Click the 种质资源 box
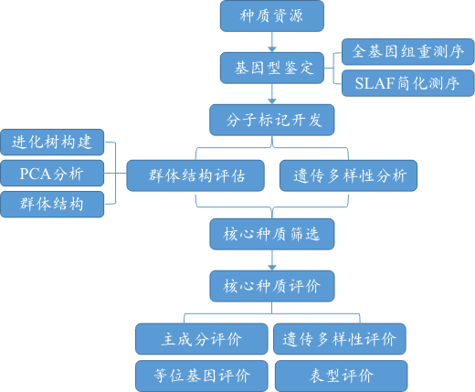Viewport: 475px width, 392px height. [x=272, y=16]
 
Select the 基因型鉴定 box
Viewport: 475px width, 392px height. [x=272, y=68]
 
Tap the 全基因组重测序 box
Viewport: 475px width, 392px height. [x=408, y=51]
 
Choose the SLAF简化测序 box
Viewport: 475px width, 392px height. [x=408, y=83]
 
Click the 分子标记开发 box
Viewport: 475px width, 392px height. [x=272, y=120]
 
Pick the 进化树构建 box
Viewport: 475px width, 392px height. [x=52, y=143]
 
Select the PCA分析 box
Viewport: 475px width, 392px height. [x=52, y=174]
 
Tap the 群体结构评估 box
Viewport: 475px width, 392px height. [x=195, y=175]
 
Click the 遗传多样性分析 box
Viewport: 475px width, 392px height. [x=348, y=175]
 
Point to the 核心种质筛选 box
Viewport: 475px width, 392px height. [x=272, y=234]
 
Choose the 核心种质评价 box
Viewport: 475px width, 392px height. [x=272, y=286]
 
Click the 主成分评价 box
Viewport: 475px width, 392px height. [x=202, y=339]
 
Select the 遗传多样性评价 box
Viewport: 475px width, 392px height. [x=340, y=339]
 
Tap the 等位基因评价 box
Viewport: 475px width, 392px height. [x=202, y=376]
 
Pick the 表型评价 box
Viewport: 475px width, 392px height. [x=341, y=376]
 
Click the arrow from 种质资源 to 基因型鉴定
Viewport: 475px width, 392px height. [x=272, y=42]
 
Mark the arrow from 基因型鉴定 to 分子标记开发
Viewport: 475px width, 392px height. [x=272, y=94]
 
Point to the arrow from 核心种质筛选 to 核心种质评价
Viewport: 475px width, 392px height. [x=272, y=260]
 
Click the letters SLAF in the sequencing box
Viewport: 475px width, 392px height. [x=375, y=83]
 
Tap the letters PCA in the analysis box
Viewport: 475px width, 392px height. [x=35, y=174]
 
